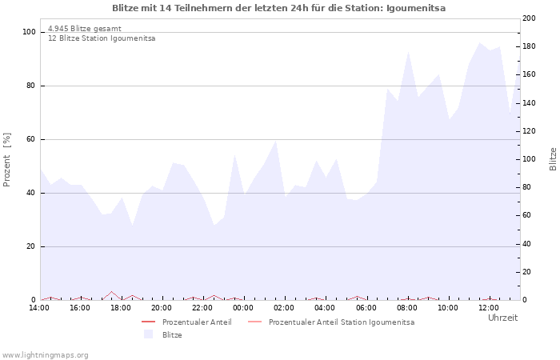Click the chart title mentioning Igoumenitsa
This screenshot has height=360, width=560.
[x=279, y=8]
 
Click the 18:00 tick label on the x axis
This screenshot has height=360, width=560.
[x=121, y=308]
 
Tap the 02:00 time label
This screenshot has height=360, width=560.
[x=284, y=308]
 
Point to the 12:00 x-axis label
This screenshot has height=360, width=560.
[x=489, y=308]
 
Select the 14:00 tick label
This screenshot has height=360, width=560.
[x=39, y=308]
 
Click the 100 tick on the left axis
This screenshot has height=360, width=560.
[x=29, y=32]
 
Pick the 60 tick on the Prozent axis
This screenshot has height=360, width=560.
[x=31, y=139]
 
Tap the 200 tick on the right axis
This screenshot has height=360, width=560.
[x=529, y=18]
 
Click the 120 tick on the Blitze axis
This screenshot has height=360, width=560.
[x=529, y=131]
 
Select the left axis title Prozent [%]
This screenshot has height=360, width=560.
[x=7, y=160]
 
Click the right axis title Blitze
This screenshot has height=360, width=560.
[x=553, y=158]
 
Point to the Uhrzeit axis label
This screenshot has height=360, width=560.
[x=502, y=318]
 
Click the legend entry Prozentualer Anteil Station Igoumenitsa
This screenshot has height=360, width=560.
[x=342, y=322]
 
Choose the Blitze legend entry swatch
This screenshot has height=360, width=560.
[x=148, y=335]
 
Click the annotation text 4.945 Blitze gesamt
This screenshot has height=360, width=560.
[x=85, y=29]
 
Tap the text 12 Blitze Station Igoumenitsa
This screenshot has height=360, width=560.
[x=102, y=38]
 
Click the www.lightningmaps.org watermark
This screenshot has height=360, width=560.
[x=45, y=355]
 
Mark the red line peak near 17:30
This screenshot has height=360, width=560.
[x=112, y=292]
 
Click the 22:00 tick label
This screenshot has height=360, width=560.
[x=202, y=308]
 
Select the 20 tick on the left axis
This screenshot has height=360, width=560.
[x=31, y=246]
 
